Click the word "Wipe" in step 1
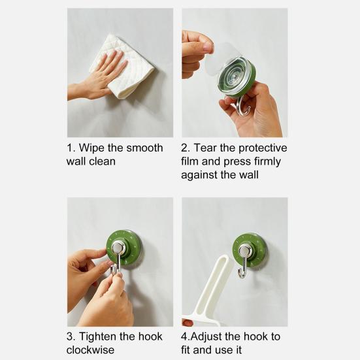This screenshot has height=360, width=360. [91, 148]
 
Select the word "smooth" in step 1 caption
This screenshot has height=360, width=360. [144, 148]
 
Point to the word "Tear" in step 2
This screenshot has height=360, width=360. [205, 148]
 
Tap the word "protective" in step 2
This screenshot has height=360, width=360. [263, 148]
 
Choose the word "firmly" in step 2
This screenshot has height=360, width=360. [267, 162]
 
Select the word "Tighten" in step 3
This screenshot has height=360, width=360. [97, 337]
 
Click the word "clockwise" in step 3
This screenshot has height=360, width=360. [90, 350]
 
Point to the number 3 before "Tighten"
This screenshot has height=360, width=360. [70, 337]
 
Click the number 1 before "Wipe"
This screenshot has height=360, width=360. [69, 148]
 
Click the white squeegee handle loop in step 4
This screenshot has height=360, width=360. [215, 282]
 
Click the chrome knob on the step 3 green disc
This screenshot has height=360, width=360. [118, 247]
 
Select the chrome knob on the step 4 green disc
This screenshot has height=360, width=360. [245, 250]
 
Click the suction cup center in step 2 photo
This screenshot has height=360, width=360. [233, 75]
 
